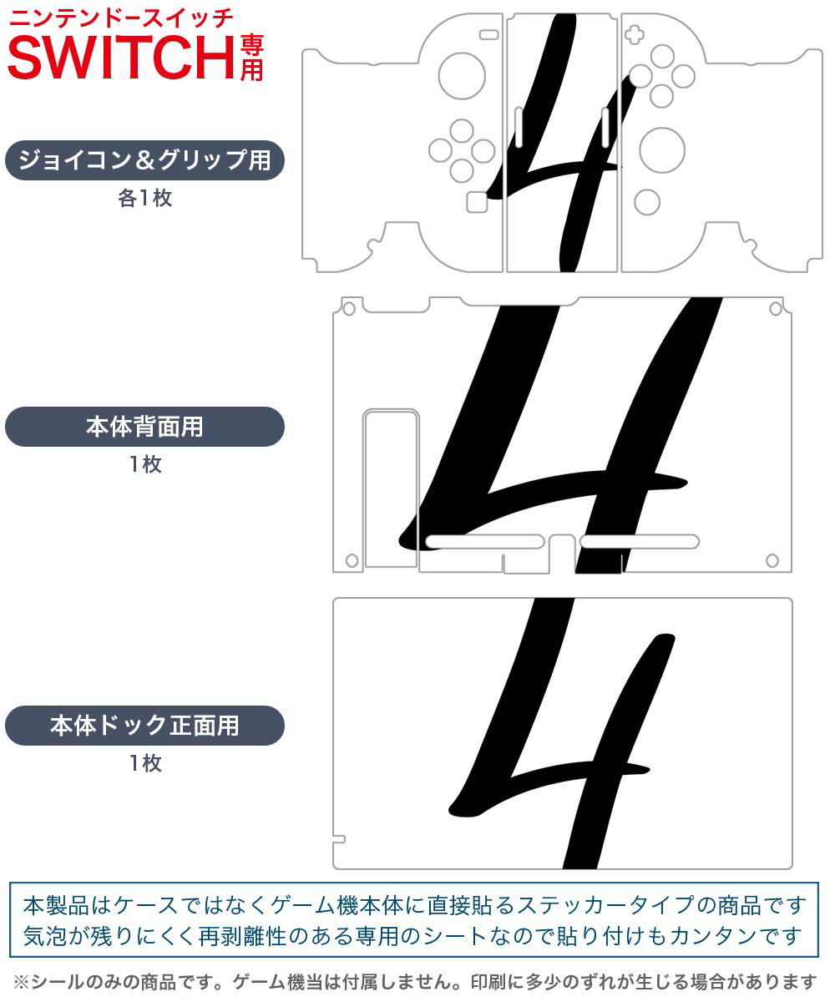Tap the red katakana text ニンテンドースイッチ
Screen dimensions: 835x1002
[x=121, y=19]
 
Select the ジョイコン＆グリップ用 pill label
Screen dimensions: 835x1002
[x=144, y=160]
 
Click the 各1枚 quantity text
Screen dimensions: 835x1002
[x=145, y=198]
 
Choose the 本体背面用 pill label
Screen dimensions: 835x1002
[x=144, y=427]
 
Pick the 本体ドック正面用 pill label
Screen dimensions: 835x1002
[x=144, y=726]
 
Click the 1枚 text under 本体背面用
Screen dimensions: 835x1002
[x=145, y=464]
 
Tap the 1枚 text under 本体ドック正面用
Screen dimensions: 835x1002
[x=145, y=763]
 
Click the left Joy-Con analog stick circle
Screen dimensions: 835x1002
[x=462, y=75]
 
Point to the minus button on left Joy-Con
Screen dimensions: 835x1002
[x=489, y=34]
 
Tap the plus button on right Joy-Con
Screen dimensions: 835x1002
[x=635, y=35]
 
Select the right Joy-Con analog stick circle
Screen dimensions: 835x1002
[x=662, y=150]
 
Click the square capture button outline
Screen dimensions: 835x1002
[x=477, y=202]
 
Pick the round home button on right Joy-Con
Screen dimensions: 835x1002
[x=647, y=202]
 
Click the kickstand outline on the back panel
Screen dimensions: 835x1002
[x=391, y=488]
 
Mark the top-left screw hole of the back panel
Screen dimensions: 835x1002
[x=349, y=309]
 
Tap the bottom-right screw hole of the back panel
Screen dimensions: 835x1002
[x=772, y=560]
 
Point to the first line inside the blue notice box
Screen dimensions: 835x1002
[x=415, y=905]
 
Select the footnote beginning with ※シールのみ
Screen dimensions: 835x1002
[x=415, y=982]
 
